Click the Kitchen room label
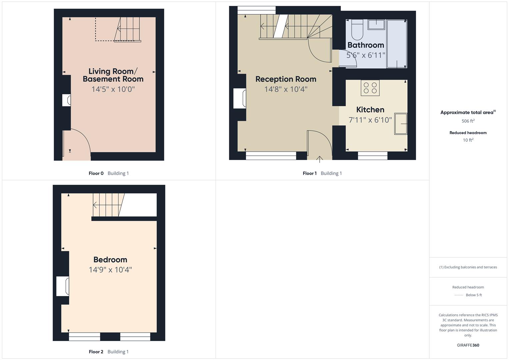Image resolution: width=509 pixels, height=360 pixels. coord(370,110)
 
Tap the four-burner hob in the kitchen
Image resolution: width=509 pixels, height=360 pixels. coord(370,88)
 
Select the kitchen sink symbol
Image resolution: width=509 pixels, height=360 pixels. coord(401,124)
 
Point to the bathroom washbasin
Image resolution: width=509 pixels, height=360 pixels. coord(376,24)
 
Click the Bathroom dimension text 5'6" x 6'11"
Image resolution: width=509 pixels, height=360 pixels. coord(366,55)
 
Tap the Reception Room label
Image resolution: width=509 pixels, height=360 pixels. coord(286,79)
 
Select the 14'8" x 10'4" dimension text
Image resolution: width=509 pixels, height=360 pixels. coord(286,89)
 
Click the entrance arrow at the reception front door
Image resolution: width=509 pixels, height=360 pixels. coord(319,159)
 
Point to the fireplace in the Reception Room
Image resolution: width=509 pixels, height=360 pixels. coord(240,98)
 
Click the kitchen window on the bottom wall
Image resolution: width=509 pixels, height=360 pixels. coord(372,155)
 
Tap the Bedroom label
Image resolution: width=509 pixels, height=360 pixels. coord(110,260)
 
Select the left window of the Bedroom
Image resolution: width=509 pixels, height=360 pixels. coord(84,337)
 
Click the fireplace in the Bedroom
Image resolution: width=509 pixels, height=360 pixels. coord(63,286)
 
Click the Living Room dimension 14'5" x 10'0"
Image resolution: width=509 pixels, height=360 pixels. coord(113,89)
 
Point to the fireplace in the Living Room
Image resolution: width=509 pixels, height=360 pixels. coord(67,100)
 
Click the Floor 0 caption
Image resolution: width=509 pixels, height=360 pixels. coord(96,173)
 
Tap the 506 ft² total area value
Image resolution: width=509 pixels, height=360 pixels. coord(468,121)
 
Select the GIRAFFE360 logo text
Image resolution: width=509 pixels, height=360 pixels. coord(468,345)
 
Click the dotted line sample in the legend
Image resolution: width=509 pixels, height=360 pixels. coord(459,295)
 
